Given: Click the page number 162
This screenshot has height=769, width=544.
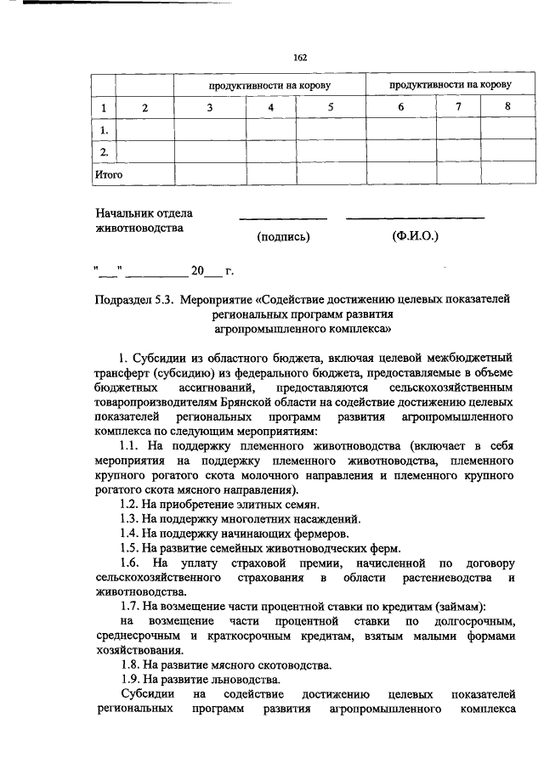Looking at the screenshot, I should pyautogui.click(x=299, y=57).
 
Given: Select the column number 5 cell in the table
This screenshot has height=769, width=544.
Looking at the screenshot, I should pyautogui.click(x=331, y=108).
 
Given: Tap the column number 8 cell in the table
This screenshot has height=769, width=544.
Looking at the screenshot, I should pyautogui.click(x=507, y=106).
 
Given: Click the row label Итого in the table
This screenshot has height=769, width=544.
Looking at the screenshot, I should pyautogui.click(x=108, y=174).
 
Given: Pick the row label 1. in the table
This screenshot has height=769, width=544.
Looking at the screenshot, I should pyautogui.click(x=104, y=130).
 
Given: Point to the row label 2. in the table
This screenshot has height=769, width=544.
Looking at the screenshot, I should pyautogui.click(x=104, y=152).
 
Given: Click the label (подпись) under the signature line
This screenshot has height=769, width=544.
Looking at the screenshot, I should pyautogui.click(x=283, y=236).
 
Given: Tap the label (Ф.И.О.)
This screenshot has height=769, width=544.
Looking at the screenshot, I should pyautogui.click(x=415, y=235).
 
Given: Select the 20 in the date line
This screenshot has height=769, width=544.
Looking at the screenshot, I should pyautogui.click(x=197, y=271).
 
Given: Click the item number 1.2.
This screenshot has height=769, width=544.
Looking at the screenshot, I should pyautogui.click(x=129, y=504).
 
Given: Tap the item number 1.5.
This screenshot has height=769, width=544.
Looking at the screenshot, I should pyautogui.click(x=129, y=548).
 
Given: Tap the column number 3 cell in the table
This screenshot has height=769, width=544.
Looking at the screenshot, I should pyautogui.click(x=209, y=108).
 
